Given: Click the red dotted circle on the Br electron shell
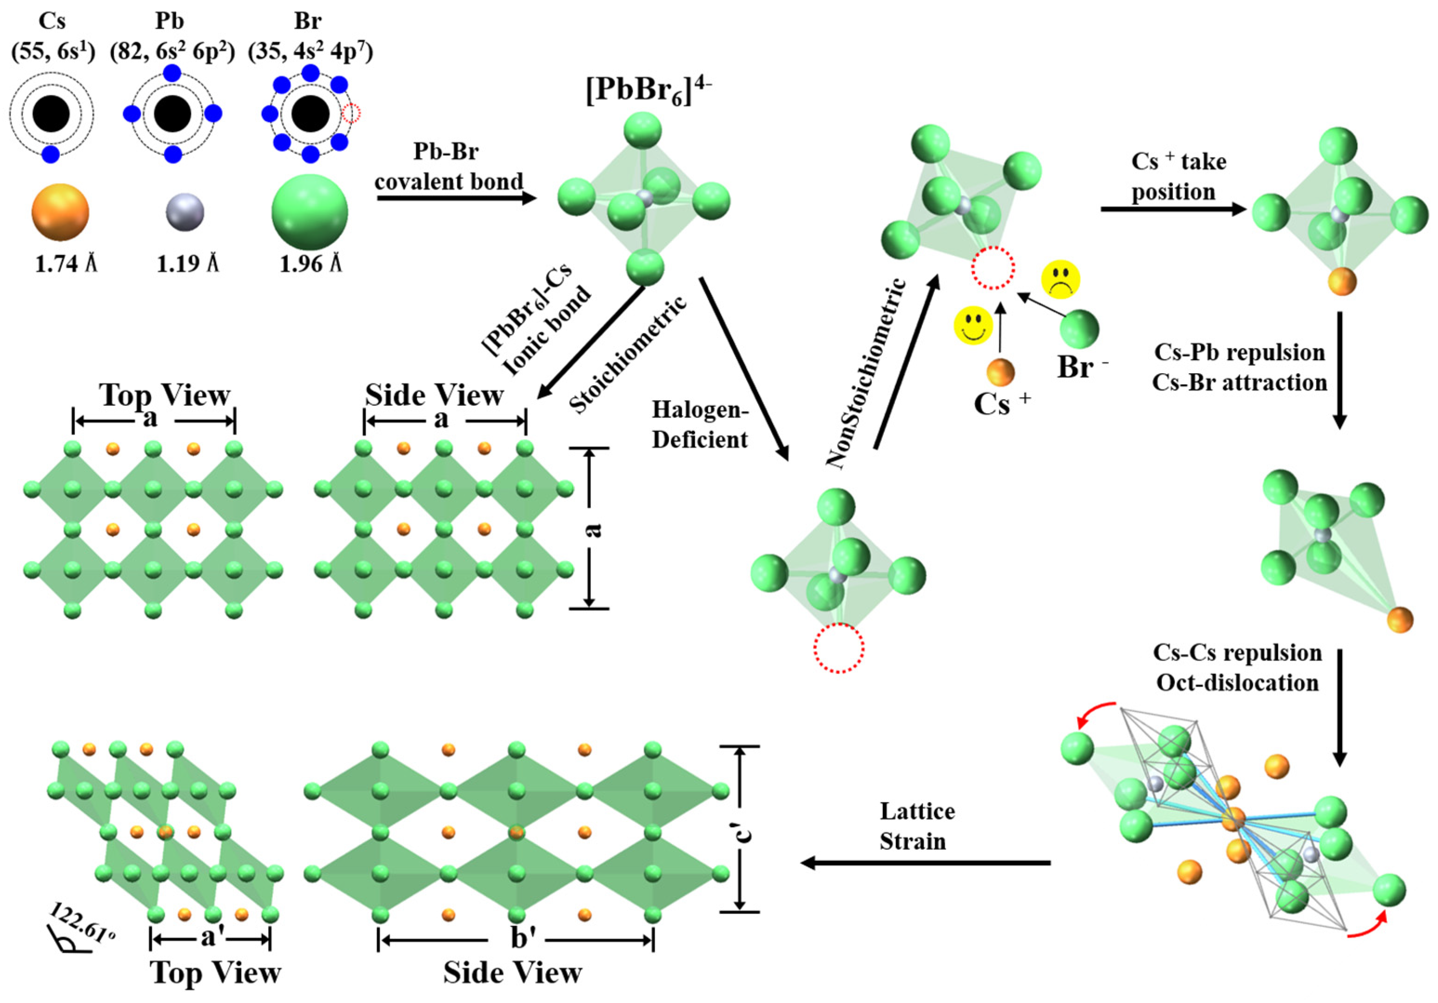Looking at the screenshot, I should pos(352,114).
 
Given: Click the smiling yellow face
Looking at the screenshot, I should pos(973,326).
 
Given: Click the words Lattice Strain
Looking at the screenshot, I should pos(916,826).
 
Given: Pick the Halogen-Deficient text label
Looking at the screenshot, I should pos(700,424).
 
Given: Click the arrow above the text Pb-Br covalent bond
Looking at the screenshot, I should pos(457,198).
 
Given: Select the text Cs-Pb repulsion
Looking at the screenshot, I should pos(1239,352).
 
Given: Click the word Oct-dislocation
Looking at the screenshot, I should pos(1237,682).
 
